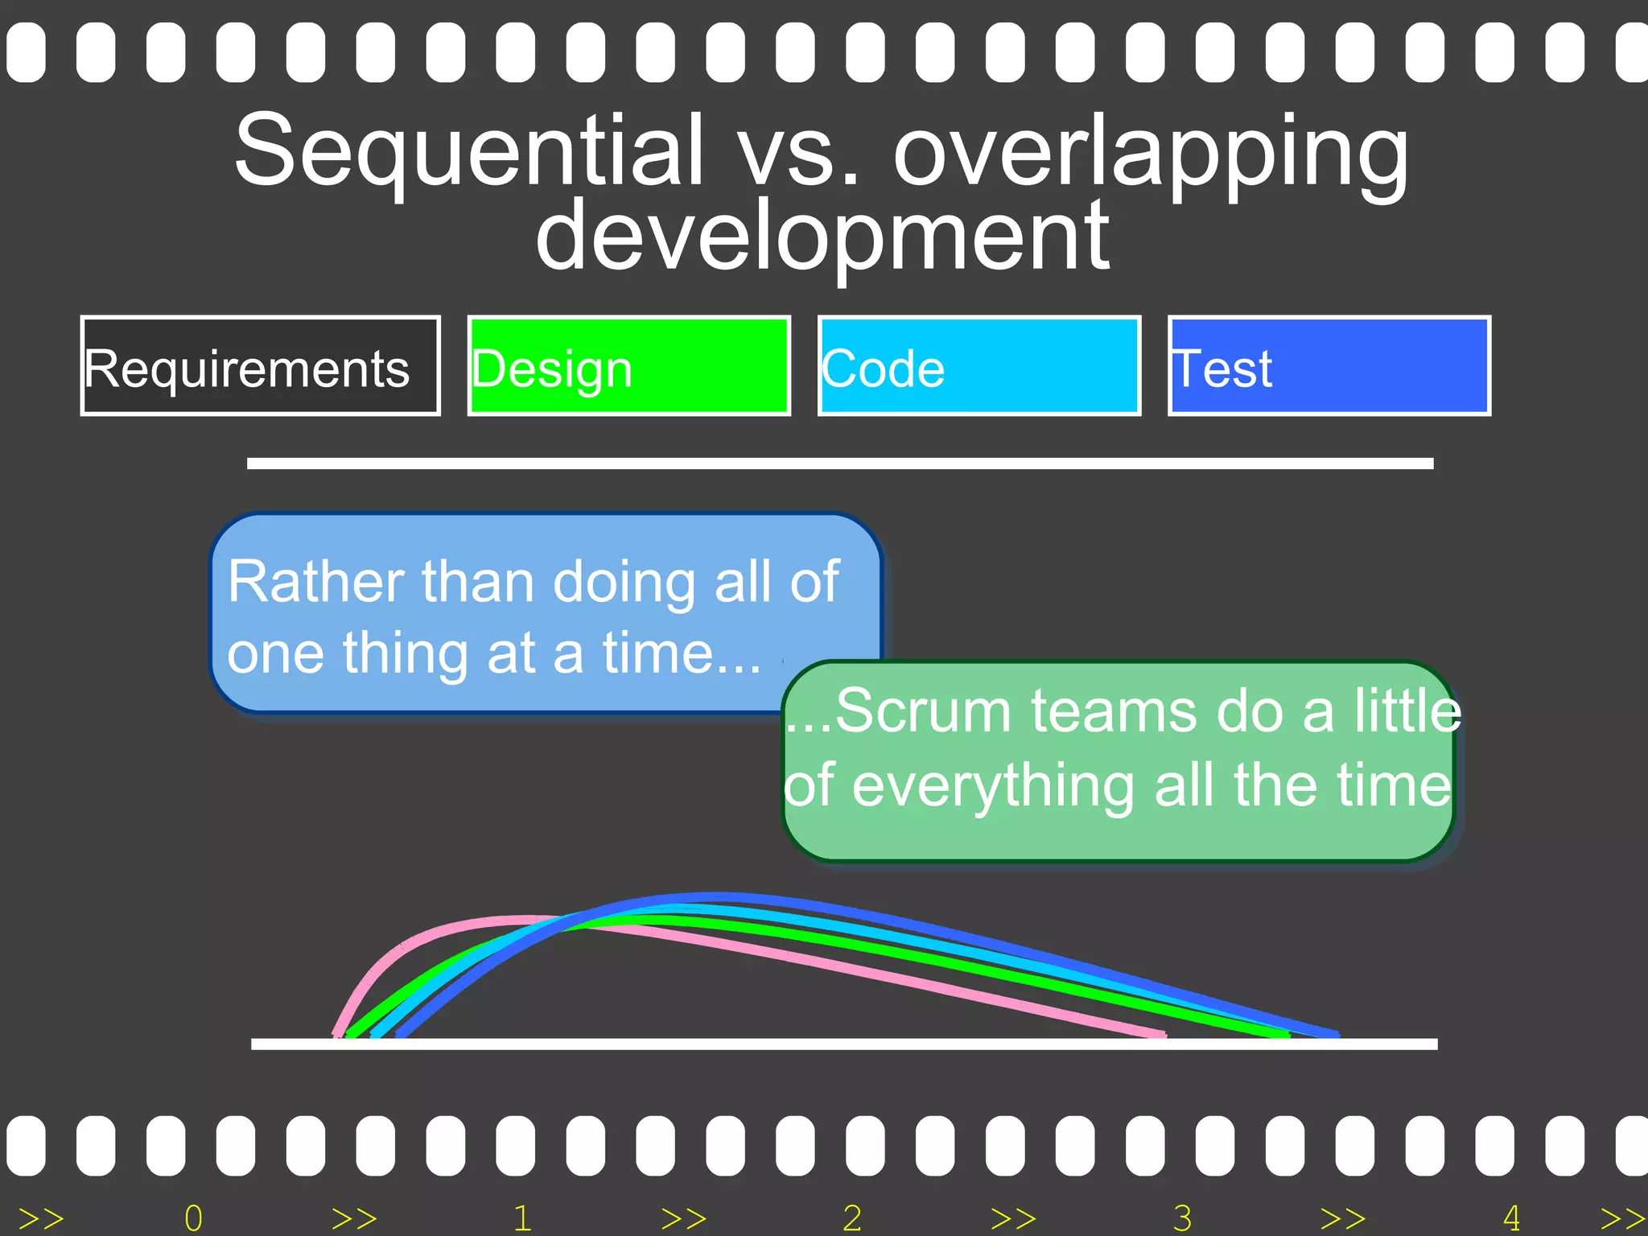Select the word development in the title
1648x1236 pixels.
click(x=822, y=237)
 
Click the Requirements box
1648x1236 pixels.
click(x=260, y=366)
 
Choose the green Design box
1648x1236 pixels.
click(x=628, y=366)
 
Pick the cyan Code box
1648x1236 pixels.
click(x=979, y=366)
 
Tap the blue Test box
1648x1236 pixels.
click(x=1329, y=366)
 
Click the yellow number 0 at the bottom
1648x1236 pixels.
click(x=193, y=1218)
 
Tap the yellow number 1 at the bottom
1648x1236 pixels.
click(x=523, y=1218)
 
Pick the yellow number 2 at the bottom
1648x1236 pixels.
click(x=852, y=1218)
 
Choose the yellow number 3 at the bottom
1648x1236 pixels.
click(x=1182, y=1218)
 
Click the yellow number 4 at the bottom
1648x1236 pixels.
click(x=1511, y=1218)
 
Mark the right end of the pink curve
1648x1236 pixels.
click(x=1162, y=1033)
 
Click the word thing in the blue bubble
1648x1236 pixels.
click(x=406, y=653)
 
